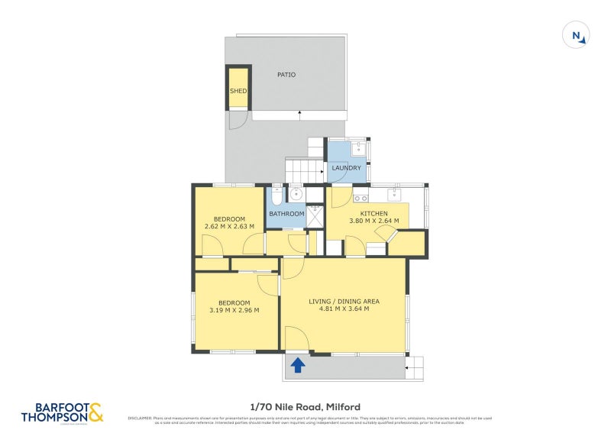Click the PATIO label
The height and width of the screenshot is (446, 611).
coord(286,75)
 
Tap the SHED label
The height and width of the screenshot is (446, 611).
coord(238,91)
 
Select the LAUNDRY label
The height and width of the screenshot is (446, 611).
coord(346,168)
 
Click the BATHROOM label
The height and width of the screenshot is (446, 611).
coord(286,214)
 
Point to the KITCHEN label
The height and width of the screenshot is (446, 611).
coord(374,214)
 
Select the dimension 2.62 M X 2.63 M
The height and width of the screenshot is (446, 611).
coord(229,227)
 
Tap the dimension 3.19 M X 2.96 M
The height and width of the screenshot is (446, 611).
coord(234,310)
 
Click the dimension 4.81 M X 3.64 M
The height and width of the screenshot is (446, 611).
coord(344,309)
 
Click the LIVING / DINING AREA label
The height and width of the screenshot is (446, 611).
coord(344,301)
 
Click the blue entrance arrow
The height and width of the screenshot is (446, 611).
coord(298,366)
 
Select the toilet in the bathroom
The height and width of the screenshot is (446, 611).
coord(276,196)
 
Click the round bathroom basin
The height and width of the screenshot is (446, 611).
coord(296,194)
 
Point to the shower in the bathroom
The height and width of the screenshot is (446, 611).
coord(315,215)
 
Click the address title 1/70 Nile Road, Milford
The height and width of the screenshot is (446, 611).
coord(305,407)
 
